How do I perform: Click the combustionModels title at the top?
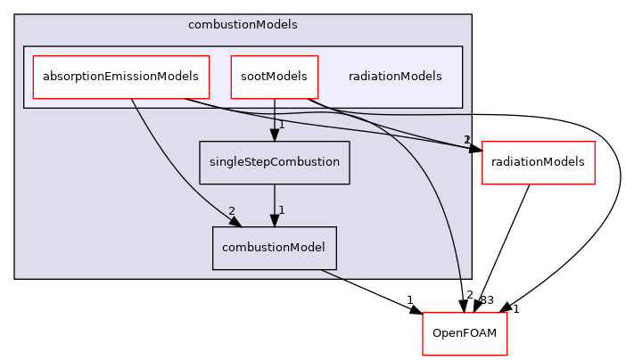click(x=243, y=24)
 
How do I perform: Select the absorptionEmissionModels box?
click(x=120, y=77)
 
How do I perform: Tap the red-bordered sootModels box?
click(x=274, y=77)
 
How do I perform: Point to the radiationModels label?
click(x=395, y=77)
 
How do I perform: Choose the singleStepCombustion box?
click(x=274, y=162)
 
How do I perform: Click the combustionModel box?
click(x=274, y=248)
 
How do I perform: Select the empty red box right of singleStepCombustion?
click(x=538, y=163)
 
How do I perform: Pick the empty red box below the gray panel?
click(x=464, y=334)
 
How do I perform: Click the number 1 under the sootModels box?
click(x=281, y=125)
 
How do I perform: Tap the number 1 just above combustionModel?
click(x=281, y=210)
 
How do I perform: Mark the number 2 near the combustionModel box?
click(x=232, y=211)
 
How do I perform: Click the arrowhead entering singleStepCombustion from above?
click(x=274, y=135)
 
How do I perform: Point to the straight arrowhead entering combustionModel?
click(x=274, y=221)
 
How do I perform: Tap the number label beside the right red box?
click(x=466, y=140)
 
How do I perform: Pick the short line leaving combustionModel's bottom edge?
click(x=330, y=274)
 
